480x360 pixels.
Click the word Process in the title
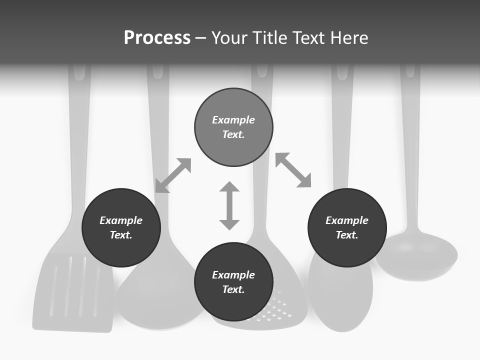[x=157, y=38]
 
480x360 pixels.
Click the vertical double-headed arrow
[x=229, y=205]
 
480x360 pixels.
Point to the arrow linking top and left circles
[x=173, y=175]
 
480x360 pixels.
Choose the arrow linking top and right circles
[x=293, y=170]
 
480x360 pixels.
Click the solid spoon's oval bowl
[x=340, y=295]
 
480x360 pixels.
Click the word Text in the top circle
[x=233, y=134]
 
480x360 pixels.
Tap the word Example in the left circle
[x=121, y=220]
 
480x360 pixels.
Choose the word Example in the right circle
[x=347, y=220]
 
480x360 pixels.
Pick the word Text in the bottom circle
[x=233, y=289]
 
